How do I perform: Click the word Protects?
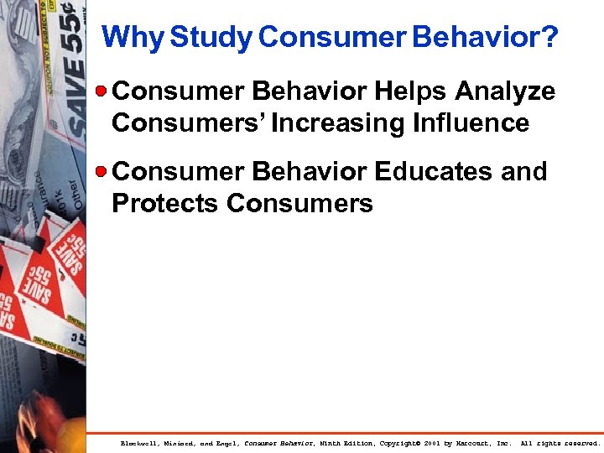point(165,204)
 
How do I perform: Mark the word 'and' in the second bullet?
point(525,172)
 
